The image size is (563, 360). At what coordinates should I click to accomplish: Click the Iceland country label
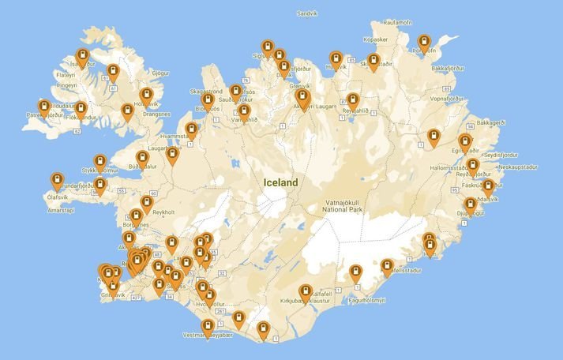point(281,182)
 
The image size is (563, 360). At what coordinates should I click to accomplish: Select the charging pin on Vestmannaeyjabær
point(208,326)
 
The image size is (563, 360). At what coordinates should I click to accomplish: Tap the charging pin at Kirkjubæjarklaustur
point(306,291)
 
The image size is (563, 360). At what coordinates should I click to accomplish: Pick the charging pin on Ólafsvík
point(57,181)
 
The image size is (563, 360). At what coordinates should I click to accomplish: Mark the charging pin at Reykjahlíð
point(352,101)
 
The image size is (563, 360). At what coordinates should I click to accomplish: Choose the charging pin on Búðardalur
point(142,158)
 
